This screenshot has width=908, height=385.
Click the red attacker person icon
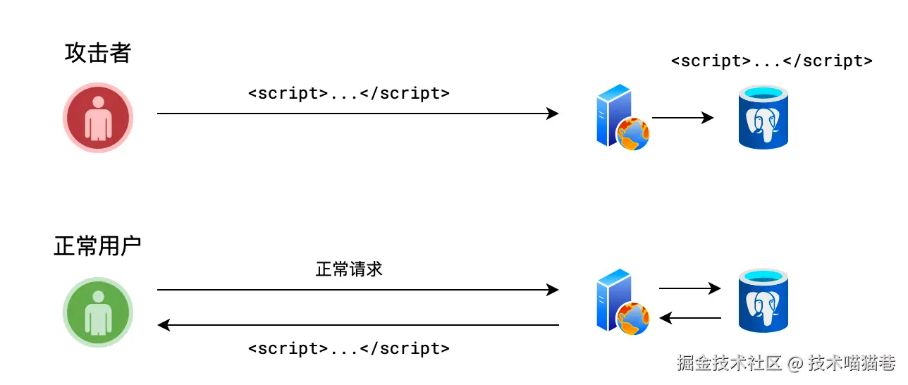pos(98,118)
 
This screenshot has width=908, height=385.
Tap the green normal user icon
pos(98,312)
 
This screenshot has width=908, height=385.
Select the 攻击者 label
pos(98,53)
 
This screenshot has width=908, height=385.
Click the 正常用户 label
pos(98,246)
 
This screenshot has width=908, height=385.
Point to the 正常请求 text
pos(349,269)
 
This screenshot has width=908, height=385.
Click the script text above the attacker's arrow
pos(349,93)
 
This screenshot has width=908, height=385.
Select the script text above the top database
pos(772,61)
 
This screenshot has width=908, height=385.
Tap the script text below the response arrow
pos(349,348)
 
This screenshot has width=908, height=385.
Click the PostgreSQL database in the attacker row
pos(763,117)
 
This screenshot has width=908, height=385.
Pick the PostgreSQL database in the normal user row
pos(763,301)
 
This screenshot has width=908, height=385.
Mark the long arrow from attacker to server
pos(357,114)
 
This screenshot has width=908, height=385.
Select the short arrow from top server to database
pos(682,118)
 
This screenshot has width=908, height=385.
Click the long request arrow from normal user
pos(357,289)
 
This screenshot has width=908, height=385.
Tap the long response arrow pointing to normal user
pos(357,325)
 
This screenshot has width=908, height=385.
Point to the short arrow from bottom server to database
pos(689,288)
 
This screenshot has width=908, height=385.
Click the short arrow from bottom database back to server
pos(689,318)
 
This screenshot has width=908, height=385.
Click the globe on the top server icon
pos(633,135)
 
